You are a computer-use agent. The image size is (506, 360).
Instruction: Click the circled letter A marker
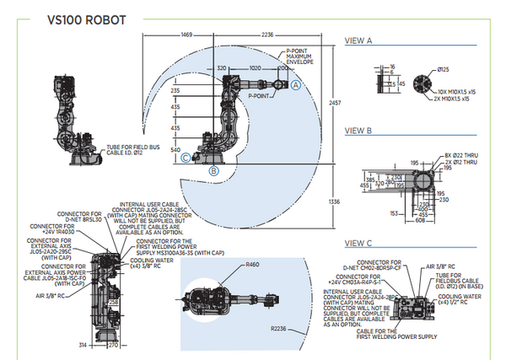[296, 85]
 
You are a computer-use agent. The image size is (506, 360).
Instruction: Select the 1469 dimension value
[187, 35]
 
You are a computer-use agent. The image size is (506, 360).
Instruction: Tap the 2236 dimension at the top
[267, 35]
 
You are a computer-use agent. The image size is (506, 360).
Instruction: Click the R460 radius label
[253, 265]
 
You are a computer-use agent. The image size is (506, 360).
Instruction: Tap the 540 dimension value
[175, 148]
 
